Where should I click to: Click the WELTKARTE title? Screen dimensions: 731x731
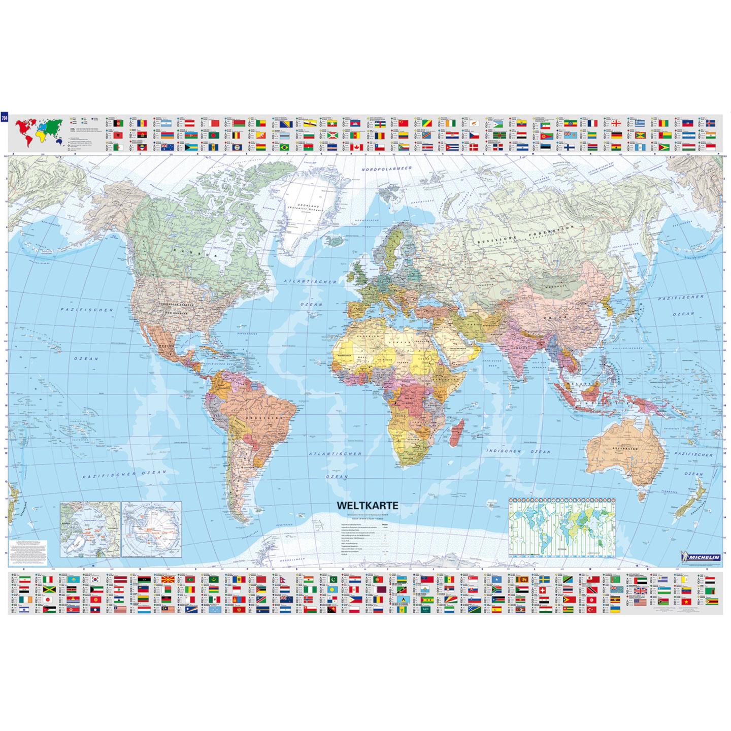(x=364, y=506)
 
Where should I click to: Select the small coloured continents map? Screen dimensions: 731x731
(x=39, y=131)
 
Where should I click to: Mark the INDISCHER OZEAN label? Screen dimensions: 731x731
(x=518, y=451)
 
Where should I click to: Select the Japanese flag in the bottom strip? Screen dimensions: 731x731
(x=49, y=599)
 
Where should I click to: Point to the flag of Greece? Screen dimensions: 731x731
(x=639, y=123)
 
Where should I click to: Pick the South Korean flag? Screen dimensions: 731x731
(x=94, y=580)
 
